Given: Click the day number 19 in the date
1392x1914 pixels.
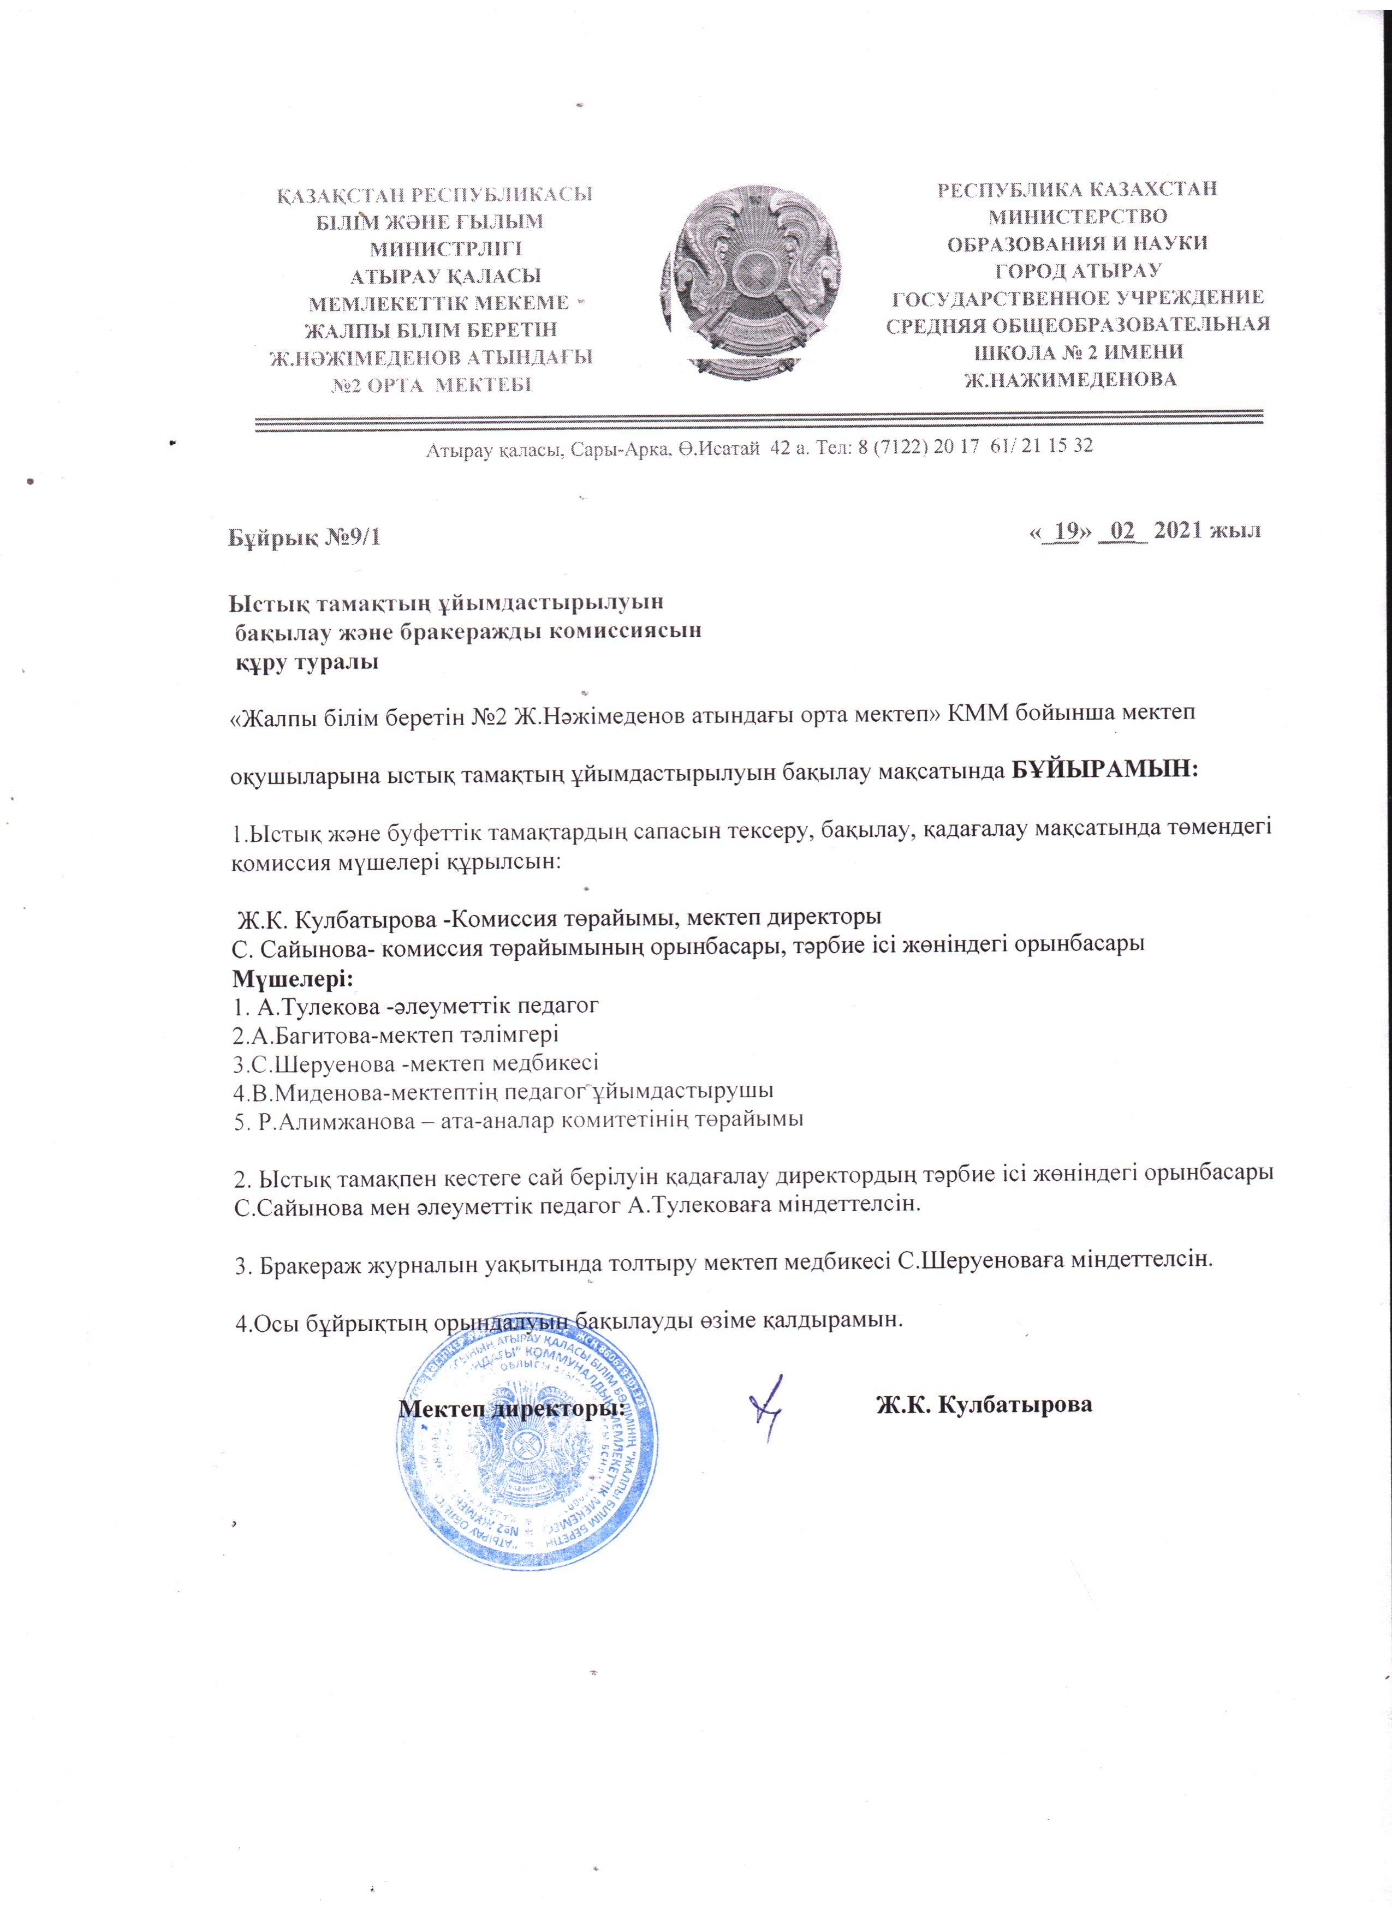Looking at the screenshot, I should click(x=1068, y=531).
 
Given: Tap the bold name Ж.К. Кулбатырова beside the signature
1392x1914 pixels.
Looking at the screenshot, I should click(x=984, y=1405).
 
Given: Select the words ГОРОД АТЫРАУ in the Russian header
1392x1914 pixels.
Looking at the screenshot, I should click(x=1078, y=271).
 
